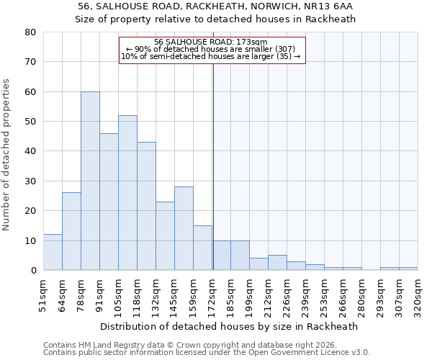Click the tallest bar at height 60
pos(90,181)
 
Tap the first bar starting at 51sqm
pos(53,252)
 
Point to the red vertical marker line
pos(213,166)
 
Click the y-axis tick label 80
pos(30,32)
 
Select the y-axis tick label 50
pos(30,122)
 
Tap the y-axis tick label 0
pos(32,271)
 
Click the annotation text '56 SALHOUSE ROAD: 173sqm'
pos(211,42)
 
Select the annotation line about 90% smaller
pos(211,49)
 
